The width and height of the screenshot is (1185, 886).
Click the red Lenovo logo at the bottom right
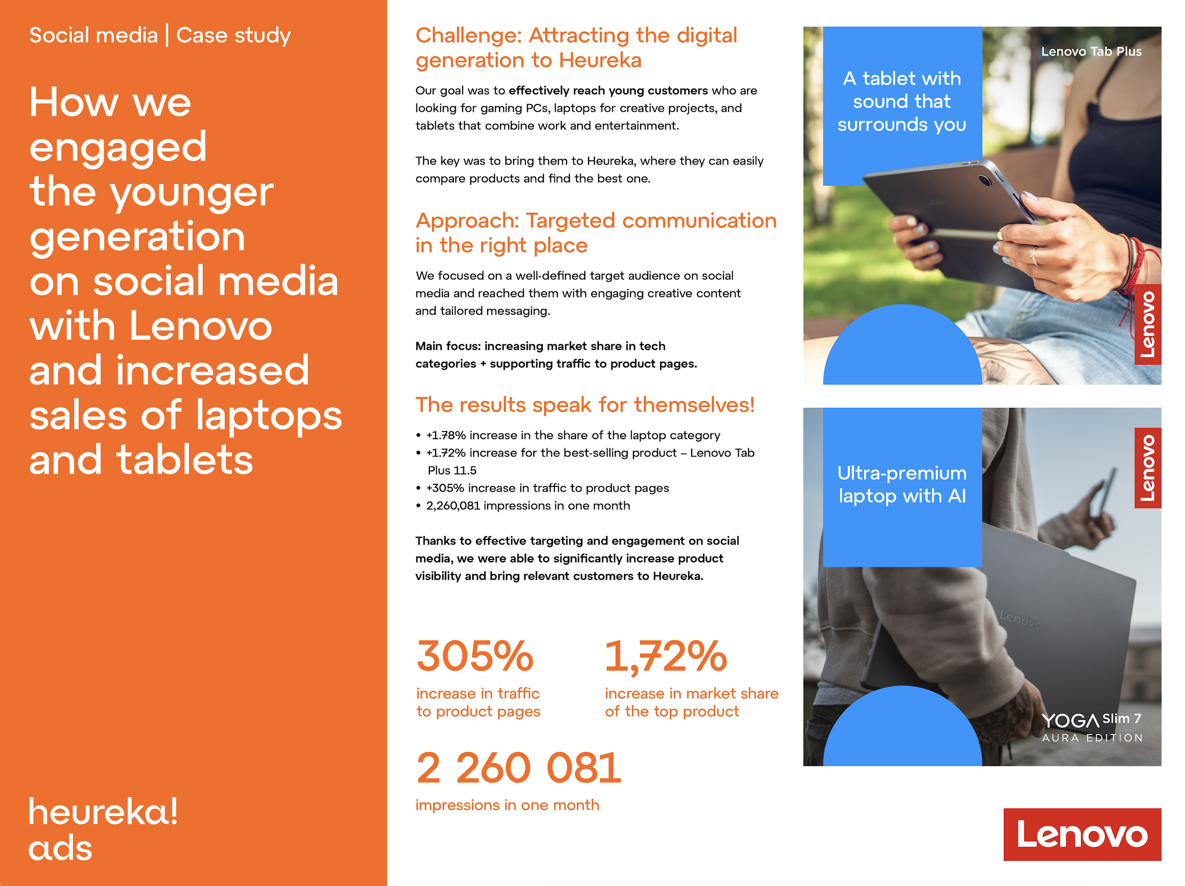[1082, 834]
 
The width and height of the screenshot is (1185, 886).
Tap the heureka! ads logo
[103, 829]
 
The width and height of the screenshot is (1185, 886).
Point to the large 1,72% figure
[666, 657]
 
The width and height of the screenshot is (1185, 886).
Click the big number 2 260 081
[518, 768]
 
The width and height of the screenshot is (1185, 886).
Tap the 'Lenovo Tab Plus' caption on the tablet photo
[1091, 52]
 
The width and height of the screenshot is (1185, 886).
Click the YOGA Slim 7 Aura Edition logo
[1092, 728]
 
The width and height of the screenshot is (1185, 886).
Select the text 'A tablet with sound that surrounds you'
[902, 101]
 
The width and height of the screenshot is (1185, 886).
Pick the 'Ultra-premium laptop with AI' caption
[902, 484]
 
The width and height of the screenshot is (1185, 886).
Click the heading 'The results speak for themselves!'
[585, 404]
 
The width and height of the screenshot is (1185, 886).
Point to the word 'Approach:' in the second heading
[467, 221]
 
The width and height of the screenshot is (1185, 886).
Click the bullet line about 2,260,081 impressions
[528, 506]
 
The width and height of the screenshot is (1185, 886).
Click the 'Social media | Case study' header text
[160, 35]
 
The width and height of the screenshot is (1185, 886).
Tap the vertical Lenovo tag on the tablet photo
[1148, 324]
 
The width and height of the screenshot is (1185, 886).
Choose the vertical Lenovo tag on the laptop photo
[1148, 468]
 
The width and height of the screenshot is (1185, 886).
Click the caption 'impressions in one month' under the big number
[507, 805]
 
